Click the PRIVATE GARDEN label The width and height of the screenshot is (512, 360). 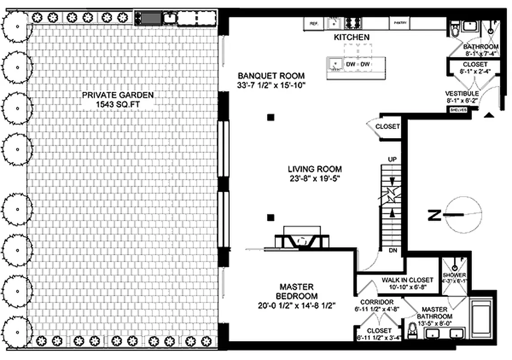point(118,95)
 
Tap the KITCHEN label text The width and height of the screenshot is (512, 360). point(351,38)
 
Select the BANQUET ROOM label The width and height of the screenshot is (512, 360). point(271,76)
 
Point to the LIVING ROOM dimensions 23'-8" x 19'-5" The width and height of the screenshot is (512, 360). point(315,178)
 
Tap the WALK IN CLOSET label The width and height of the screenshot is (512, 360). point(407,280)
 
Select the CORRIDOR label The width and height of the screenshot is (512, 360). point(377,302)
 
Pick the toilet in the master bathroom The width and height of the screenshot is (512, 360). point(412,332)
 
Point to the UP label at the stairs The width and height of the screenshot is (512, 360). point(392,160)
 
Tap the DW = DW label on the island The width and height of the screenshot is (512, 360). point(358,65)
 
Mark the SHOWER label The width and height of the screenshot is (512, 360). point(454,275)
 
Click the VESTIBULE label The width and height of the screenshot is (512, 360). point(462,93)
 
